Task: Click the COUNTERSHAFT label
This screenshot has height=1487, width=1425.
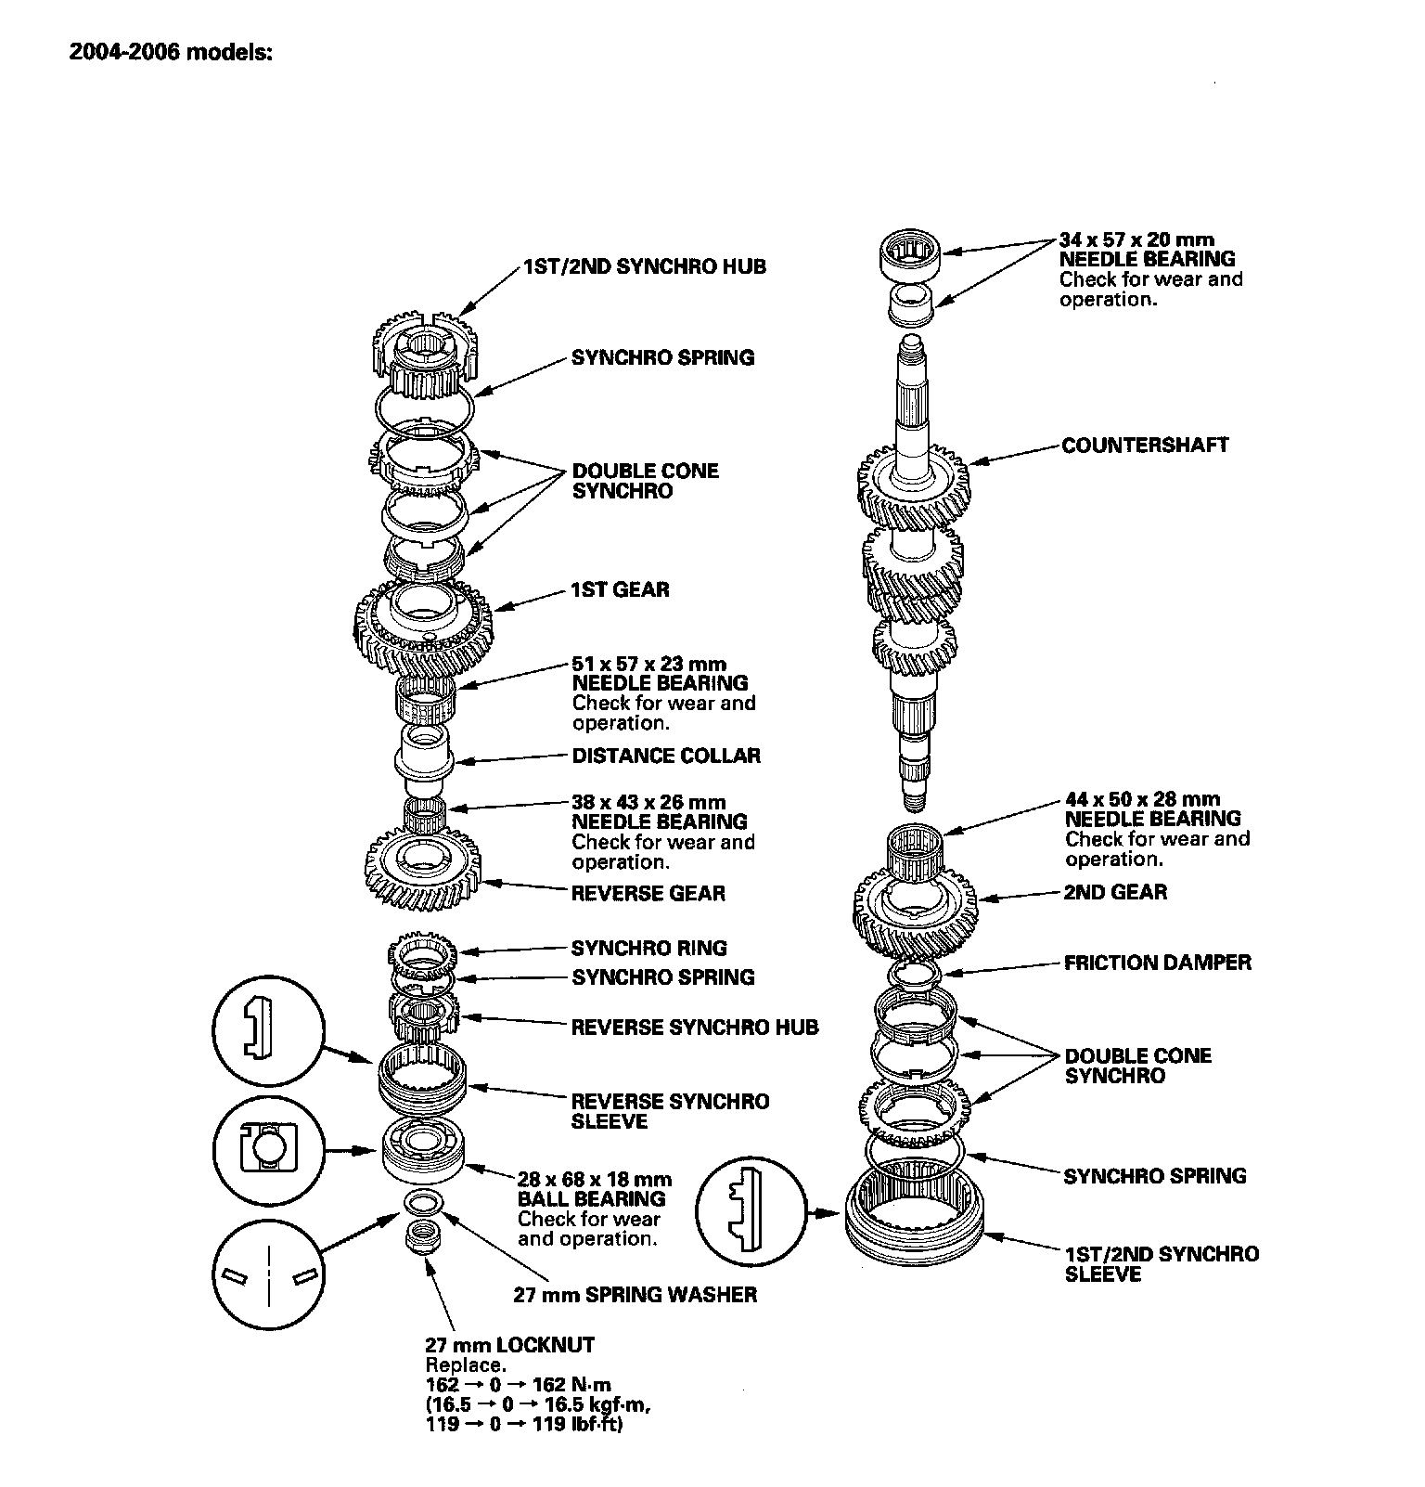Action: (1145, 446)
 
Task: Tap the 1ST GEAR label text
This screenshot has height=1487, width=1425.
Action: (620, 589)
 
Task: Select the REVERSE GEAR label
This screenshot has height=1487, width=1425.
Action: (648, 894)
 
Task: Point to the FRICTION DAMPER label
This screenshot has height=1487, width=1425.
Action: (1157, 963)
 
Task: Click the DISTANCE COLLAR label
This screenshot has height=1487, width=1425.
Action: (665, 756)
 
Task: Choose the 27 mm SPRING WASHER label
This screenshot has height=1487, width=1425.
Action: (635, 1294)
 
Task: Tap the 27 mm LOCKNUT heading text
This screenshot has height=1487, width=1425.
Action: (509, 1344)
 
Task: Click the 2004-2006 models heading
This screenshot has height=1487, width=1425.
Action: (171, 52)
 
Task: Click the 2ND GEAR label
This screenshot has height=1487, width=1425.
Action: (1115, 892)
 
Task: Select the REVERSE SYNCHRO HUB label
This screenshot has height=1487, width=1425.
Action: (694, 1028)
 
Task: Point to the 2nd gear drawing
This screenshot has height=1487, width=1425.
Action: (915, 914)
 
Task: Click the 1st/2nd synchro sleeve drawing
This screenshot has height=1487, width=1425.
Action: (914, 1216)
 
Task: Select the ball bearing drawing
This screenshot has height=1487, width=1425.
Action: (423, 1150)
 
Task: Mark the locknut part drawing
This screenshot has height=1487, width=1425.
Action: (423, 1238)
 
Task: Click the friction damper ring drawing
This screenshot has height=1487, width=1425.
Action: (915, 974)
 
